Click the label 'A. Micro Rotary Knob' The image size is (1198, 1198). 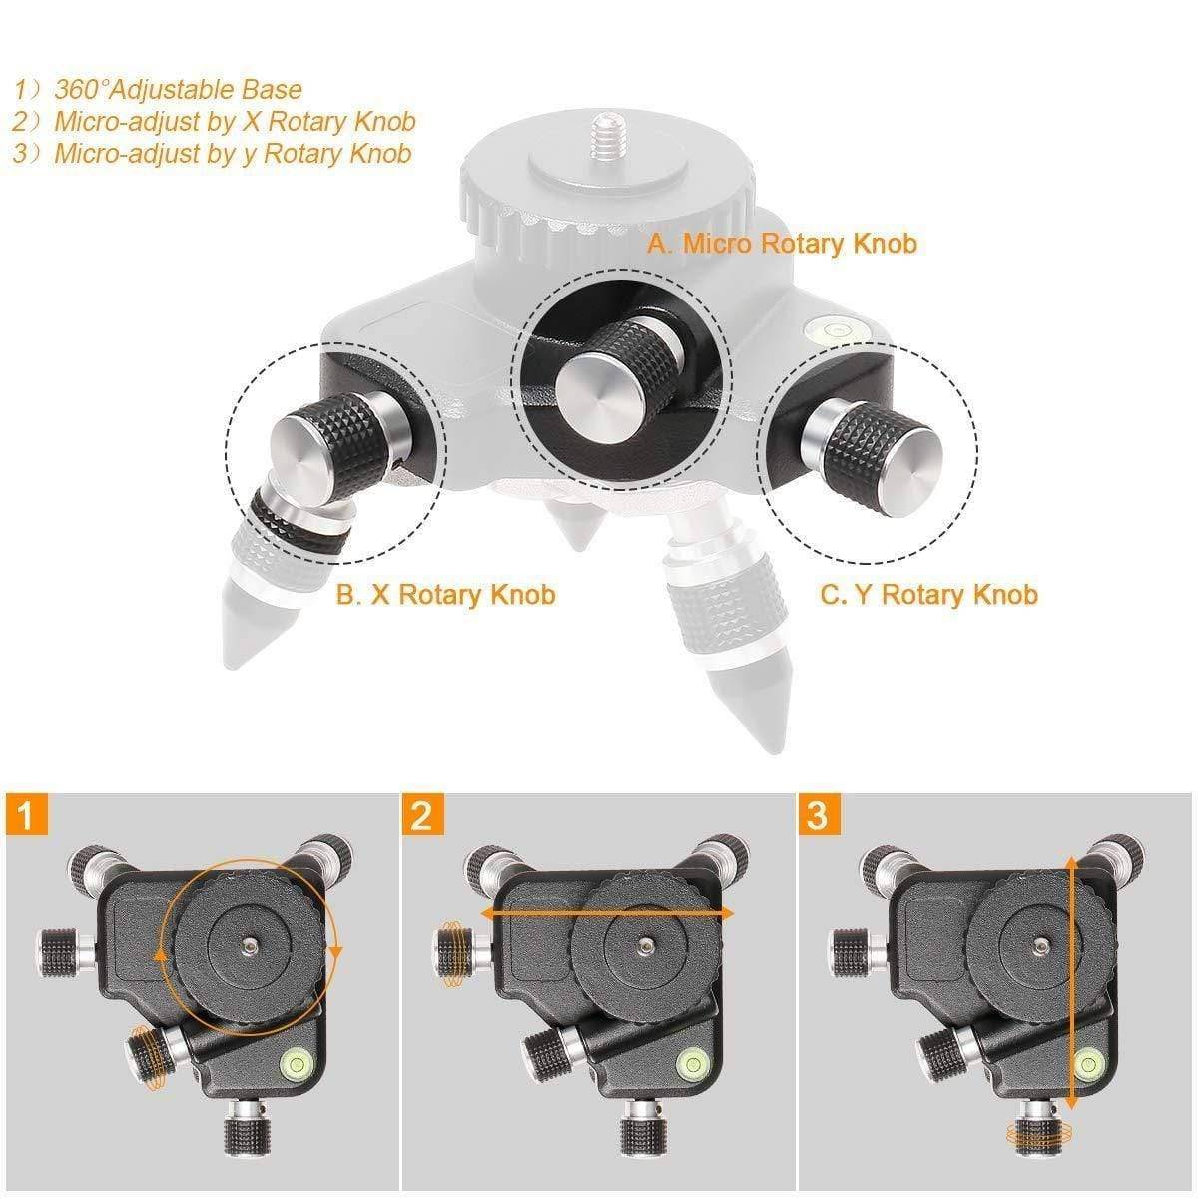tap(782, 243)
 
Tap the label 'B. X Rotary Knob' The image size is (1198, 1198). tap(445, 595)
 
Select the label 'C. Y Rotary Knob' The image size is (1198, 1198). tap(929, 595)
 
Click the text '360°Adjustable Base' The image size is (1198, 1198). tap(178, 90)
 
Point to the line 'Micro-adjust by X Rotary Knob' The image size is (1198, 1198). tap(235, 122)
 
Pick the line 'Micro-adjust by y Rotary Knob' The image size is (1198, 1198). tap(233, 154)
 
